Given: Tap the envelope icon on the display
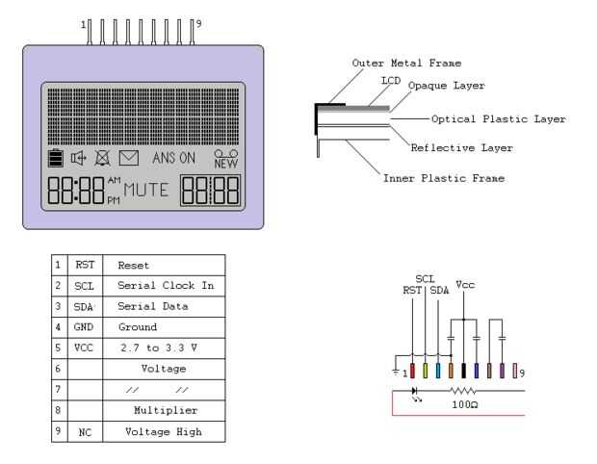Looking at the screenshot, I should pyautogui.click(x=128, y=157).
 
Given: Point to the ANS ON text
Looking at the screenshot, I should pyautogui.click(x=173, y=157).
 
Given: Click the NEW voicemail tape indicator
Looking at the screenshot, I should pyautogui.click(x=225, y=157).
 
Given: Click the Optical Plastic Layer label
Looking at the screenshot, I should pyautogui.click(x=498, y=119).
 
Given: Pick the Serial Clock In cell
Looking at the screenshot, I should pyautogui.click(x=166, y=285).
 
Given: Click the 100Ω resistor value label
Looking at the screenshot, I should pyautogui.click(x=464, y=405).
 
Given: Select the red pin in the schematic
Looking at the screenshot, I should pyautogui.click(x=413, y=369).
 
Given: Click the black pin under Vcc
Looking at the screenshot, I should pyautogui.click(x=464, y=369).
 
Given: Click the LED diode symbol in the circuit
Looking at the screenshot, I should pyautogui.click(x=415, y=392).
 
